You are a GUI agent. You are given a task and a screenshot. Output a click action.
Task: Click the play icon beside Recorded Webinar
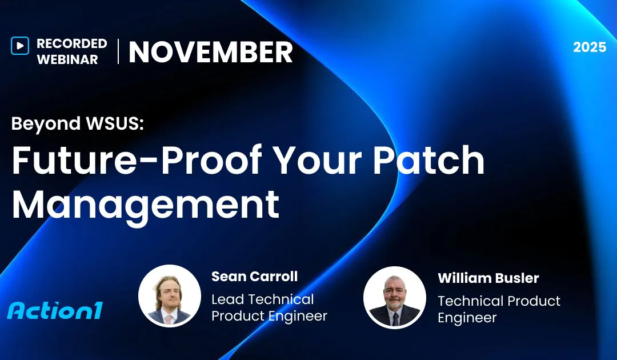tap(19, 46)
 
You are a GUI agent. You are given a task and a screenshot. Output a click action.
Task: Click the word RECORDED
tap(71, 43)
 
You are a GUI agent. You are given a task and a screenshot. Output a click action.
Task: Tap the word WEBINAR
tap(67, 59)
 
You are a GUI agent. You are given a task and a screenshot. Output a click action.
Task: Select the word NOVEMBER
tap(210, 53)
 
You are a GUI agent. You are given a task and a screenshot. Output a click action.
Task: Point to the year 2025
tap(590, 47)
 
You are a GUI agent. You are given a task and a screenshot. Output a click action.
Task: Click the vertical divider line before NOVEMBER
tap(118, 51)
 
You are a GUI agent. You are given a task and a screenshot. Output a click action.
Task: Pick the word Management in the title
tap(146, 204)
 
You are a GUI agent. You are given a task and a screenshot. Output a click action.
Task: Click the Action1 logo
tap(55, 311)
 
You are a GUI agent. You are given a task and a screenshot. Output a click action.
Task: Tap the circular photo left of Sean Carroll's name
tap(169, 295)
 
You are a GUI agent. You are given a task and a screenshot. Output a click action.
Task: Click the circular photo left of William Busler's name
tap(394, 297)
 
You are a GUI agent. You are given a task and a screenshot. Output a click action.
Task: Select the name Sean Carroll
tap(254, 277)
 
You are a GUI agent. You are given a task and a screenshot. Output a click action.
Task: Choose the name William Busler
tap(488, 278)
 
